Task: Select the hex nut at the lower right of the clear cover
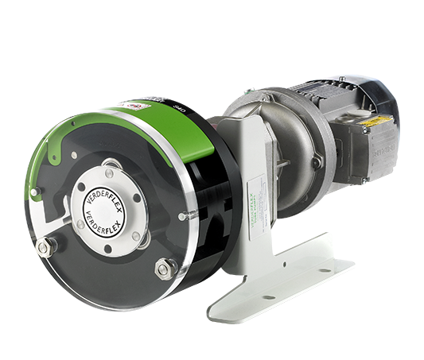pos(165,268)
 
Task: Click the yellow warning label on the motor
pos(375,122)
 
